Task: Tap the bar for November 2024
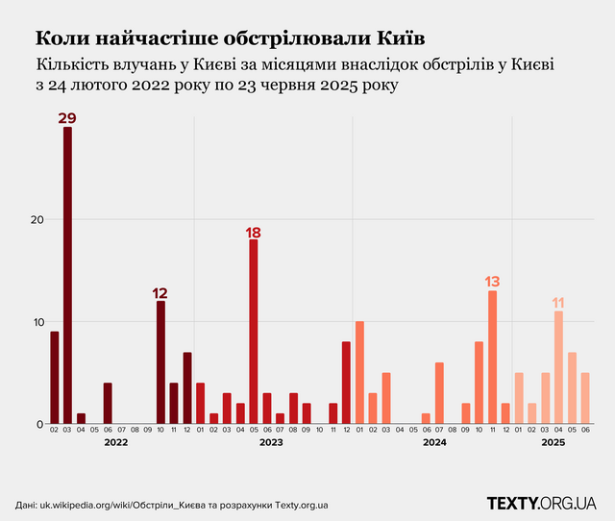pos(492,357)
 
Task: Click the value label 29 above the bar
pos(67,118)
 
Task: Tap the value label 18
pos(254,232)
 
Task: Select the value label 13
pos(492,282)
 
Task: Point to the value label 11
pos(558,303)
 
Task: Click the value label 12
pos(160,292)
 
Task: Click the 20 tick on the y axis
pos(36,219)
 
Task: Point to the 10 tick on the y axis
pos(36,322)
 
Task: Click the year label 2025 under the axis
pos(552,443)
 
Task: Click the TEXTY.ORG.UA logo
pos(542,503)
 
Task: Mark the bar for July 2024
pos(439,393)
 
